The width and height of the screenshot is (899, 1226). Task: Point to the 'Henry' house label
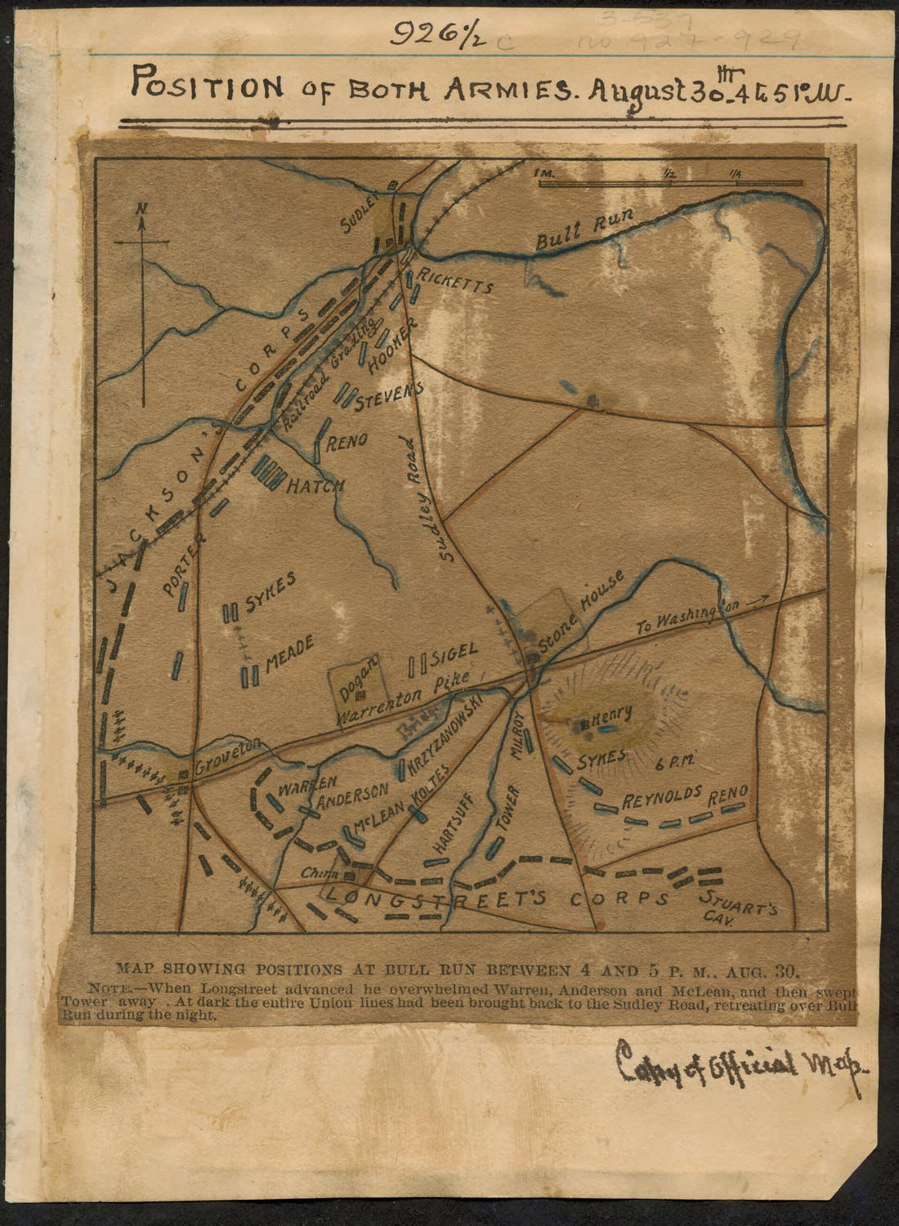(x=612, y=715)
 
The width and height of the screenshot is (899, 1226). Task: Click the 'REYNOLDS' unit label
(x=663, y=796)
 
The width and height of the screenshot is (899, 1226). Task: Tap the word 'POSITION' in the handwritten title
(x=208, y=84)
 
